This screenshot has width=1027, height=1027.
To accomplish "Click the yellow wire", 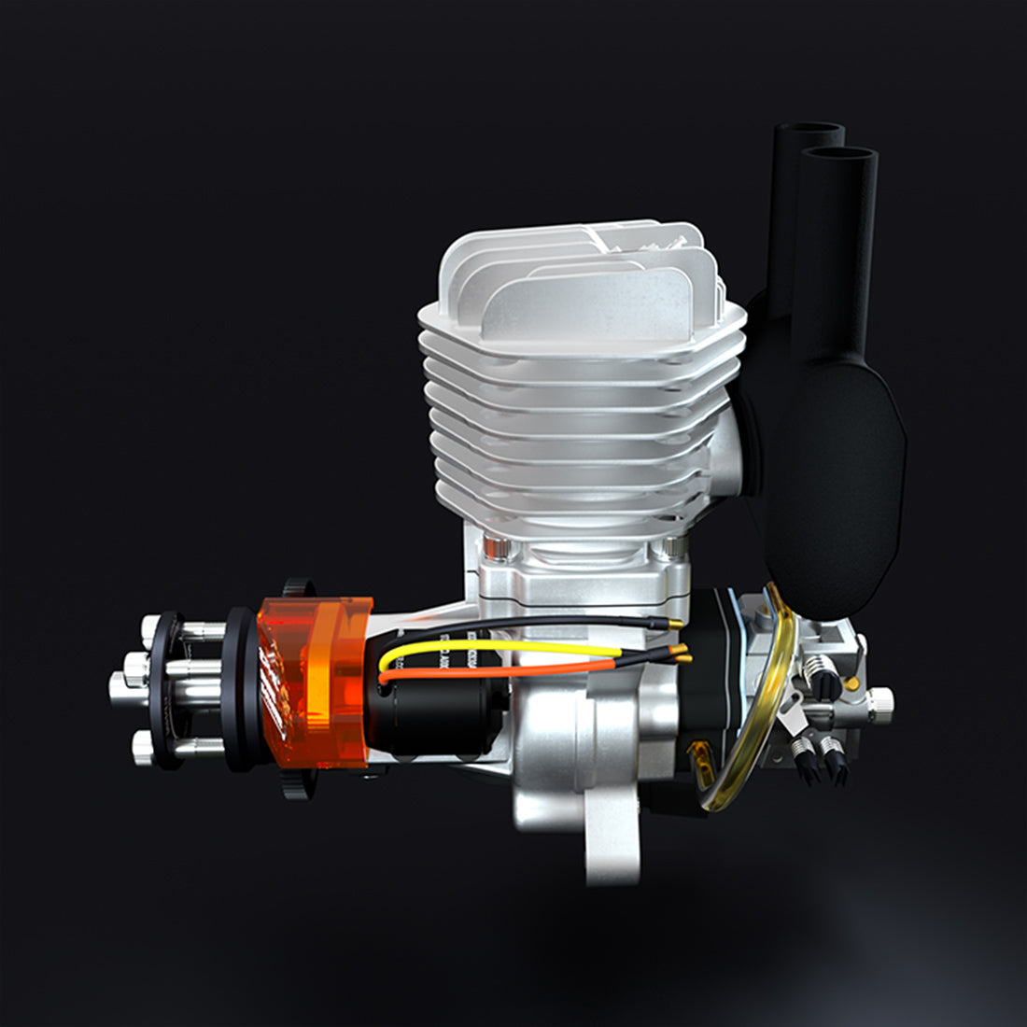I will [504, 645].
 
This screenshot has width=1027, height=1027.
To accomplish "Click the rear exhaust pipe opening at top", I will [809, 133].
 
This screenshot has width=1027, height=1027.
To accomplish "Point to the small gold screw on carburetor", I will [851, 684].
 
